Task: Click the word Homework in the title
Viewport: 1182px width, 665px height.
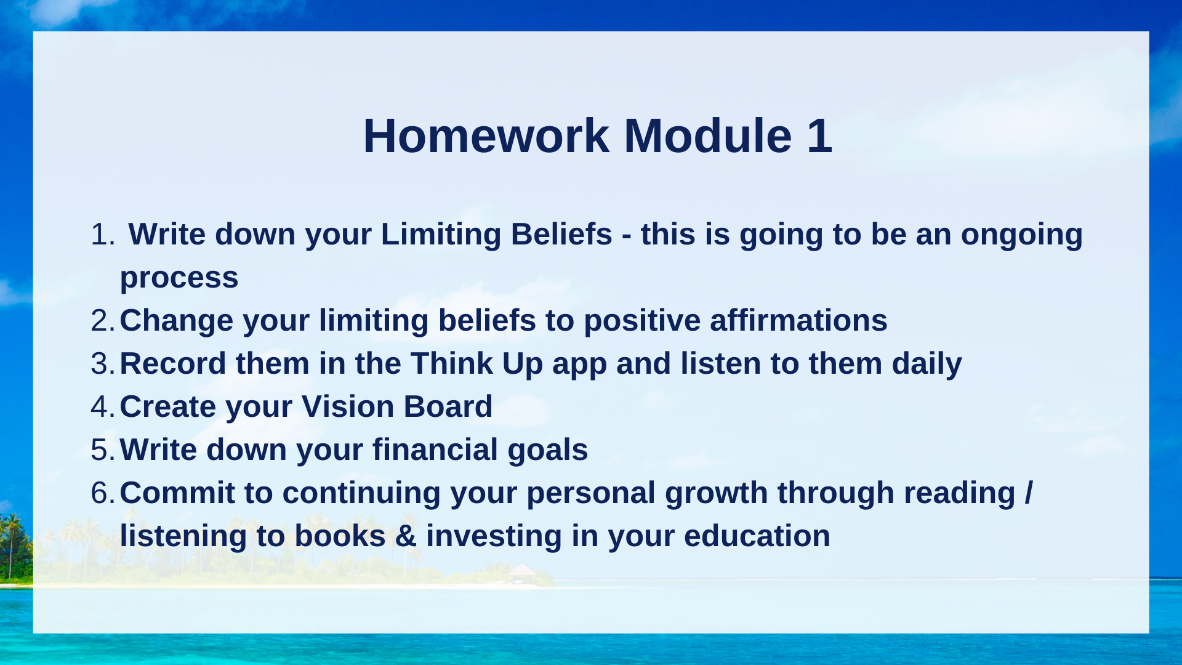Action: click(x=486, y=136)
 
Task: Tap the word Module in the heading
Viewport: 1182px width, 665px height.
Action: click(x=707, y=136)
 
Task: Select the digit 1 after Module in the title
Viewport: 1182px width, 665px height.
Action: click(x=820, y=136)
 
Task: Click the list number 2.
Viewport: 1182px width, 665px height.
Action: click(x=102, y=321)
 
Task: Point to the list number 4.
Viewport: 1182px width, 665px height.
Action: click(x=102, y=407)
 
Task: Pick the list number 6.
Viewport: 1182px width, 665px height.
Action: click(x=102, y=493)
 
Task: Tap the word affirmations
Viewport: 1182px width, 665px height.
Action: click(x=798, y=321)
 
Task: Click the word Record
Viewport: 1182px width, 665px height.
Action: click(x=173, y=364)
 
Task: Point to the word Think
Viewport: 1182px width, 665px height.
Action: click(x=452, y=364)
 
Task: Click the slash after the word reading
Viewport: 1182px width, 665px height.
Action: click(x=1029, y=493)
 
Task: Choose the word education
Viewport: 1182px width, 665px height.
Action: click(x=757, y=536)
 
